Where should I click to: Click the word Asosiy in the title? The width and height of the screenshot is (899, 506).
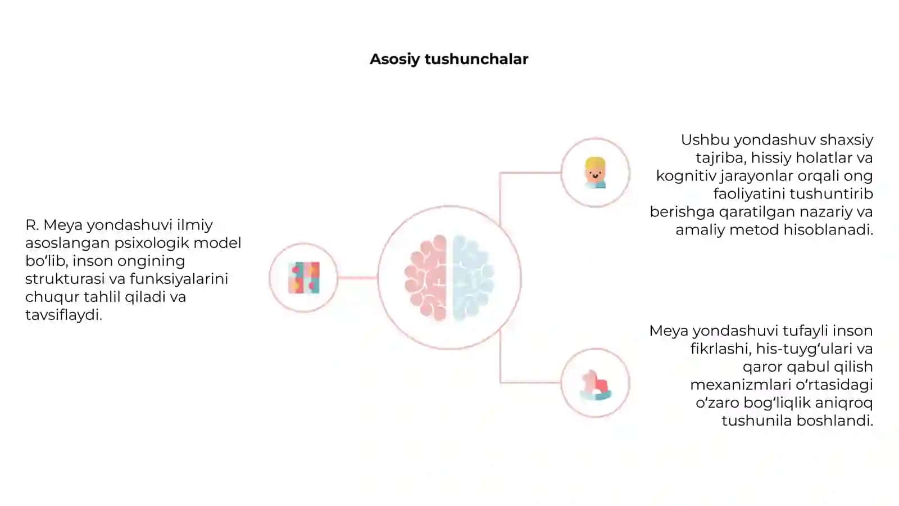395,60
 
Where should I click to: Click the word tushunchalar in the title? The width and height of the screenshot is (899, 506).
476,58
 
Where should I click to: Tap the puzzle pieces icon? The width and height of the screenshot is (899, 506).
304,278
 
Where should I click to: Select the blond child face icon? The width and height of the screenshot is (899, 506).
595,173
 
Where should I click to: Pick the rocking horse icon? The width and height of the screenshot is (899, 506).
596,385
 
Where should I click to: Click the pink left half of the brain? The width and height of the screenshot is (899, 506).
426,278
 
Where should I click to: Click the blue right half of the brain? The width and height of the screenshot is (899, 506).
473,278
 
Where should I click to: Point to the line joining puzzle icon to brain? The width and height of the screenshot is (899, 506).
357,278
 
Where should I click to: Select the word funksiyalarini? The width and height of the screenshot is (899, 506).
179,279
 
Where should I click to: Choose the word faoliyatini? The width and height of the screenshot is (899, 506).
750,195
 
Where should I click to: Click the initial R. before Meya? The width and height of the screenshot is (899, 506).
32,225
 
